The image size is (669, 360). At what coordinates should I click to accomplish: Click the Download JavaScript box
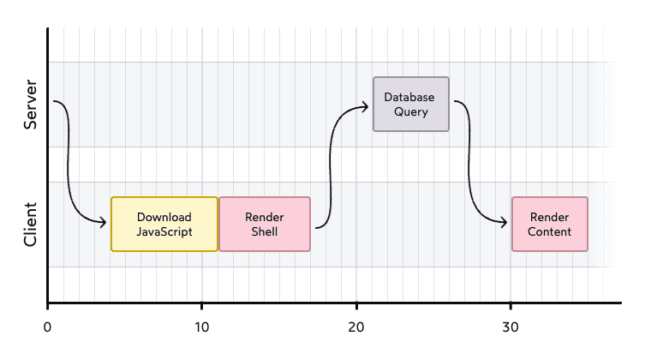point(164,224)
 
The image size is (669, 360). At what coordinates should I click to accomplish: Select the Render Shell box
point(265,224)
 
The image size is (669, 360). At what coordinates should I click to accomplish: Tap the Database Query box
point(410,104)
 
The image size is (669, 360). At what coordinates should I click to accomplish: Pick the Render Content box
point(550,224)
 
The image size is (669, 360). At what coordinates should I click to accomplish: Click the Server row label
point(31,105)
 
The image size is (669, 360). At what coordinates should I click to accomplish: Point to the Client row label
point(31,224)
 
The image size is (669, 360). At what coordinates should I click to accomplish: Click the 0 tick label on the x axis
point(47,328)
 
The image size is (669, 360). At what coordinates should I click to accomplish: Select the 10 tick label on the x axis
point(202,328)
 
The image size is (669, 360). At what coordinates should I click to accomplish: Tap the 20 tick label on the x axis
point(356,328)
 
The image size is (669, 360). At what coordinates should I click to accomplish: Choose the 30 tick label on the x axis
point(511,328)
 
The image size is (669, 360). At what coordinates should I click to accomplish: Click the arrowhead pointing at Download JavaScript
point(103,224)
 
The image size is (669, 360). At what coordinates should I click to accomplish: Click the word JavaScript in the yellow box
point(164,231)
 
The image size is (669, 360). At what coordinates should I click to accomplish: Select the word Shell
point(265,231)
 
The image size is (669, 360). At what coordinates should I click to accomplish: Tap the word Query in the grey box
point(410,111)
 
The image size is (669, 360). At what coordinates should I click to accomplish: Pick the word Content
point(550,231)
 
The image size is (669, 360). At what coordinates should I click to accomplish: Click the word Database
point(410,97)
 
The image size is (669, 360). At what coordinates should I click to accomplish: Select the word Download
point(164,217)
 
